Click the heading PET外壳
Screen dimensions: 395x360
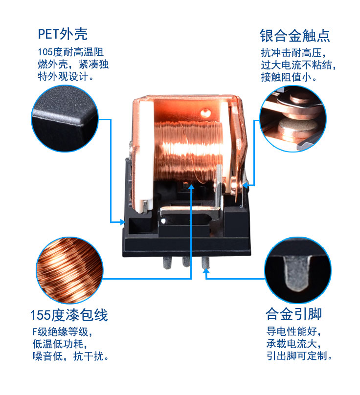[63, 34]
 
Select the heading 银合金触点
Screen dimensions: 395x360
[294, 35]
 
